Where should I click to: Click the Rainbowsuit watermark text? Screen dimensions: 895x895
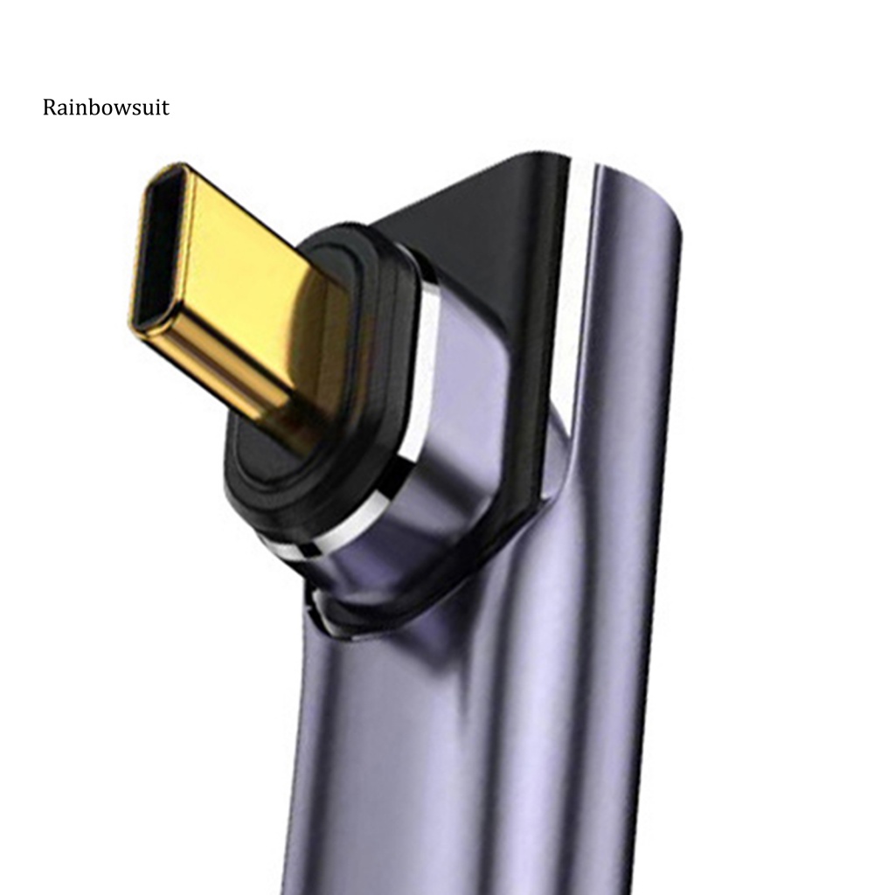tap(106, 108)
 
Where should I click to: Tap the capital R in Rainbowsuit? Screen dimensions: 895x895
tap(50, 108)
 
